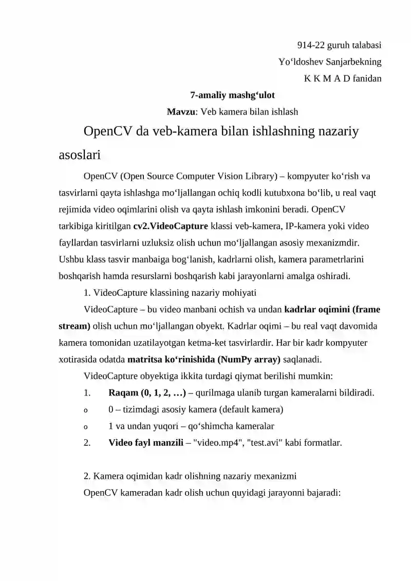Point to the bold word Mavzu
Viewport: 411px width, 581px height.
[x=181, y=111]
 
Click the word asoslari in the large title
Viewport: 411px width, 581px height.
[x=79, y=154]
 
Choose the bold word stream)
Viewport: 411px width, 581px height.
[x=74, y=326]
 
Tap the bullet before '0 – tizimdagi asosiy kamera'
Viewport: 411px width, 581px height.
[x=86, y=410]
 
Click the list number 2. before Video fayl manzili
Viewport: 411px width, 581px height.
[x=87, y=442]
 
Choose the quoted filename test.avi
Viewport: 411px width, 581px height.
[x=267, y=442]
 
